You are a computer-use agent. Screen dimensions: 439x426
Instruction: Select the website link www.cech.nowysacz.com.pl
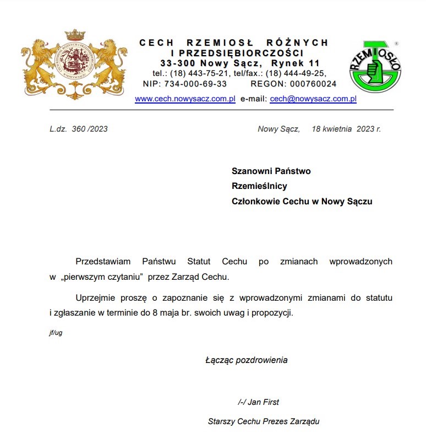(x=185, y=99)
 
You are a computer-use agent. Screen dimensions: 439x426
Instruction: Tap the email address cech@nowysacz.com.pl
(x=313, y=99)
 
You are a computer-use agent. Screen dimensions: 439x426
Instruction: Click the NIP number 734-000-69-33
(x=199, y=84)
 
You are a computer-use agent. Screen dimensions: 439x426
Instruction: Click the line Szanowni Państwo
(x=271, y=171)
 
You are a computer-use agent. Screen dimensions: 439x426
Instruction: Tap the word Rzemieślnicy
(x=259, y=186)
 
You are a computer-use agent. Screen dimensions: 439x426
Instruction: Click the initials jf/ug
(x=56, y=333)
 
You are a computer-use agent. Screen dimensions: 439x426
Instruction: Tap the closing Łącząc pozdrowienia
(x=246, y=360)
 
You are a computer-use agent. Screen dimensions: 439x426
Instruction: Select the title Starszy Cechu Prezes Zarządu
(x=264, y=422)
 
